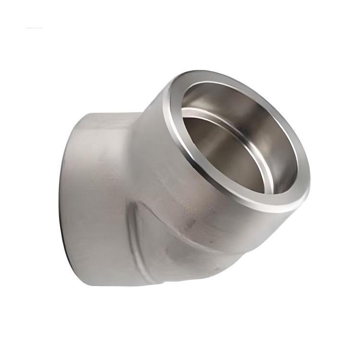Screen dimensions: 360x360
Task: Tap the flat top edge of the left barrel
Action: pyautogui.click(x=106, y=114)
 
